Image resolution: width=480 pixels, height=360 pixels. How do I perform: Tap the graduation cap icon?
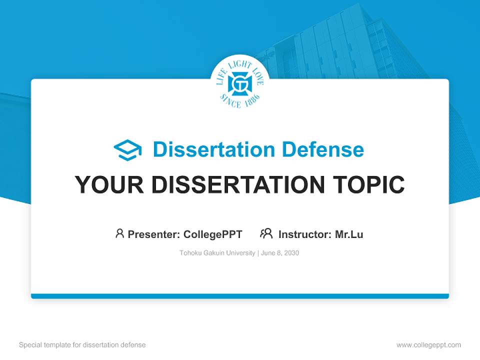click(x=127, y=150)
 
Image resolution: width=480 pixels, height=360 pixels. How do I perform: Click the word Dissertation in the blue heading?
click(x=214, y=149)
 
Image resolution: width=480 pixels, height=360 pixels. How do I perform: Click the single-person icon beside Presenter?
click(x=119, y=233)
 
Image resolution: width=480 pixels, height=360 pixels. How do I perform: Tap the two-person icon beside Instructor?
click(x=266, y=233)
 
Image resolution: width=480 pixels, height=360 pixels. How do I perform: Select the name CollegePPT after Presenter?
click(x=213, y=234)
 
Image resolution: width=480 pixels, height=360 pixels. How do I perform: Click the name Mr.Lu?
click(x=349, y=234)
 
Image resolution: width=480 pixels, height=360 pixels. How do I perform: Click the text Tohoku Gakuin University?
click(x=217, y=253)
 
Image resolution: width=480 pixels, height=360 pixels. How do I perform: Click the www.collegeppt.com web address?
click(x=428, y=345)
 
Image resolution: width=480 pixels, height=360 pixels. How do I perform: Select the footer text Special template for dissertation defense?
click(x=82, y=345)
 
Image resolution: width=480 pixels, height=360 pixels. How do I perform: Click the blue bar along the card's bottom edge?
click(x=240, y=296)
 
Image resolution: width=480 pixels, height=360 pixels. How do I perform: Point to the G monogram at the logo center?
click(x=240, y=83)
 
